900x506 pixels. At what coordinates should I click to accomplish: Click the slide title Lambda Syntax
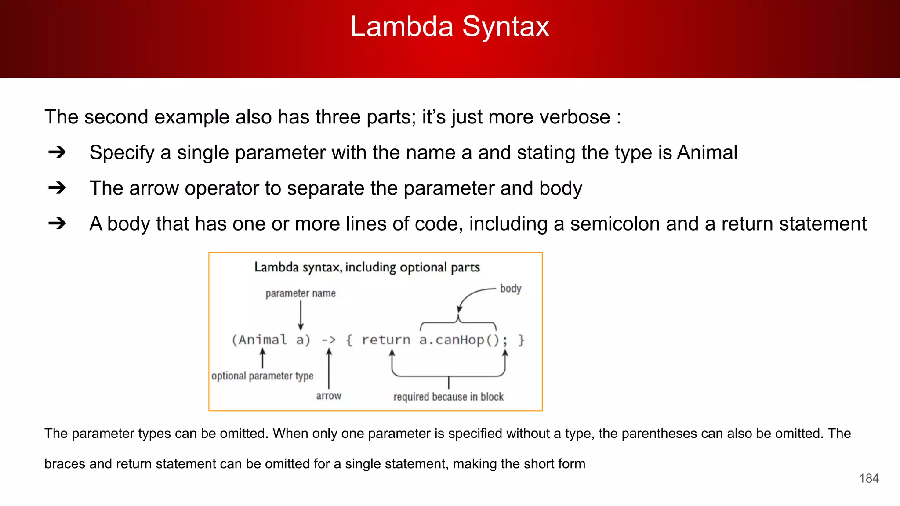pyautogui.click(x=450, y=27)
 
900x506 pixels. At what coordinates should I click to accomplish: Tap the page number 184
pyautogui.click(x=869, y=478)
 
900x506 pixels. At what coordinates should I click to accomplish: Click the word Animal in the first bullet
pyautogui.click(x=707, y=153)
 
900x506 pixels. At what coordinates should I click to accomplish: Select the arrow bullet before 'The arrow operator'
pyautogui.click(x=57, y=188)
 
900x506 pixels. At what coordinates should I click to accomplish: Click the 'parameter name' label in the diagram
pyautogui.click(x=301, y=293)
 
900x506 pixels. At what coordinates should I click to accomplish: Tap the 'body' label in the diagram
pyautogui.click(x=511, y=289)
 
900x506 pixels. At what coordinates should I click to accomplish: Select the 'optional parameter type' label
pyautogui.click(x=262, y=376)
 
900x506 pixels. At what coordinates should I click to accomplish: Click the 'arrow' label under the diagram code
pyautogui.click(x=329, y=396)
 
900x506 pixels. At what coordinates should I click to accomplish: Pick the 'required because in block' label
pyautogui.click(x=448, y=397)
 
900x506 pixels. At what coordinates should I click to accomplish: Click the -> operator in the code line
pyautogui.click(x=329, y=340)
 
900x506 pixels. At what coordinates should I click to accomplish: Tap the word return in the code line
pyautogui.click(x=386, y=340)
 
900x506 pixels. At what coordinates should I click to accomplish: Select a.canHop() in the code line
pyautogui.click(x=458, y=340)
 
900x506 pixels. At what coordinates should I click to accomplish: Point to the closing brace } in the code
pyautogui.click(x=521, y=340)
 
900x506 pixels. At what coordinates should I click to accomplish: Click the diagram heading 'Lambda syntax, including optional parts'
pyautogui.click(x=367, y=267)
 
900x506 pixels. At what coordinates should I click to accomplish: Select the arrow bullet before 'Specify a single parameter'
pyautogui.click(x=57, y=152)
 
